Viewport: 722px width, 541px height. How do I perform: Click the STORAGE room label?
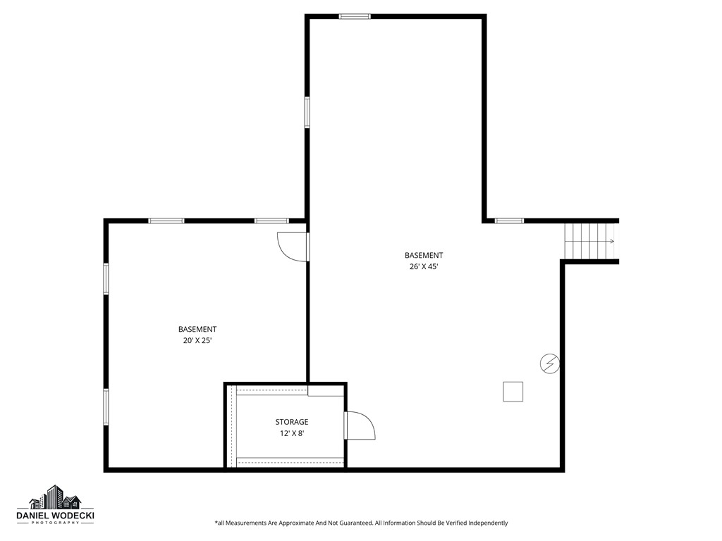tap(291, 422)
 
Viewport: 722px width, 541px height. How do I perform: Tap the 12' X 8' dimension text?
tap(291, 433)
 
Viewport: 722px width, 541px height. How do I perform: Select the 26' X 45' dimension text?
tap(424, 266)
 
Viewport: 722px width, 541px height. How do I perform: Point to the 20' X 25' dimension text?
tap(197, 340)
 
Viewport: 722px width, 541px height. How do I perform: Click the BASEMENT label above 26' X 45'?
tap(424, 255)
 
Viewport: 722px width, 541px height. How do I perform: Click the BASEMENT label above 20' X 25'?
tap(197, 329)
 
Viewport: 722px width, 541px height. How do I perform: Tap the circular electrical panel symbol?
tap(549, 363)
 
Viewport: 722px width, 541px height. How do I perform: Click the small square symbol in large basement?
tap(513, 392)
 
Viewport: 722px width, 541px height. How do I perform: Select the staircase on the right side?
tap(590, 241)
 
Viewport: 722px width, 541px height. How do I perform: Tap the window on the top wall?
tap(355, 16)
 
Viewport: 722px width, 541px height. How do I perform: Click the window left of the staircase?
tap(509, 220)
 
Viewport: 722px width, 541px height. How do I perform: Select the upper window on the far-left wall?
tap(106, 278)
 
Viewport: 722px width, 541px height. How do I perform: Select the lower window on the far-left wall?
tap(106, 406)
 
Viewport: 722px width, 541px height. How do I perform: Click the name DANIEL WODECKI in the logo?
tap(55, 516)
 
